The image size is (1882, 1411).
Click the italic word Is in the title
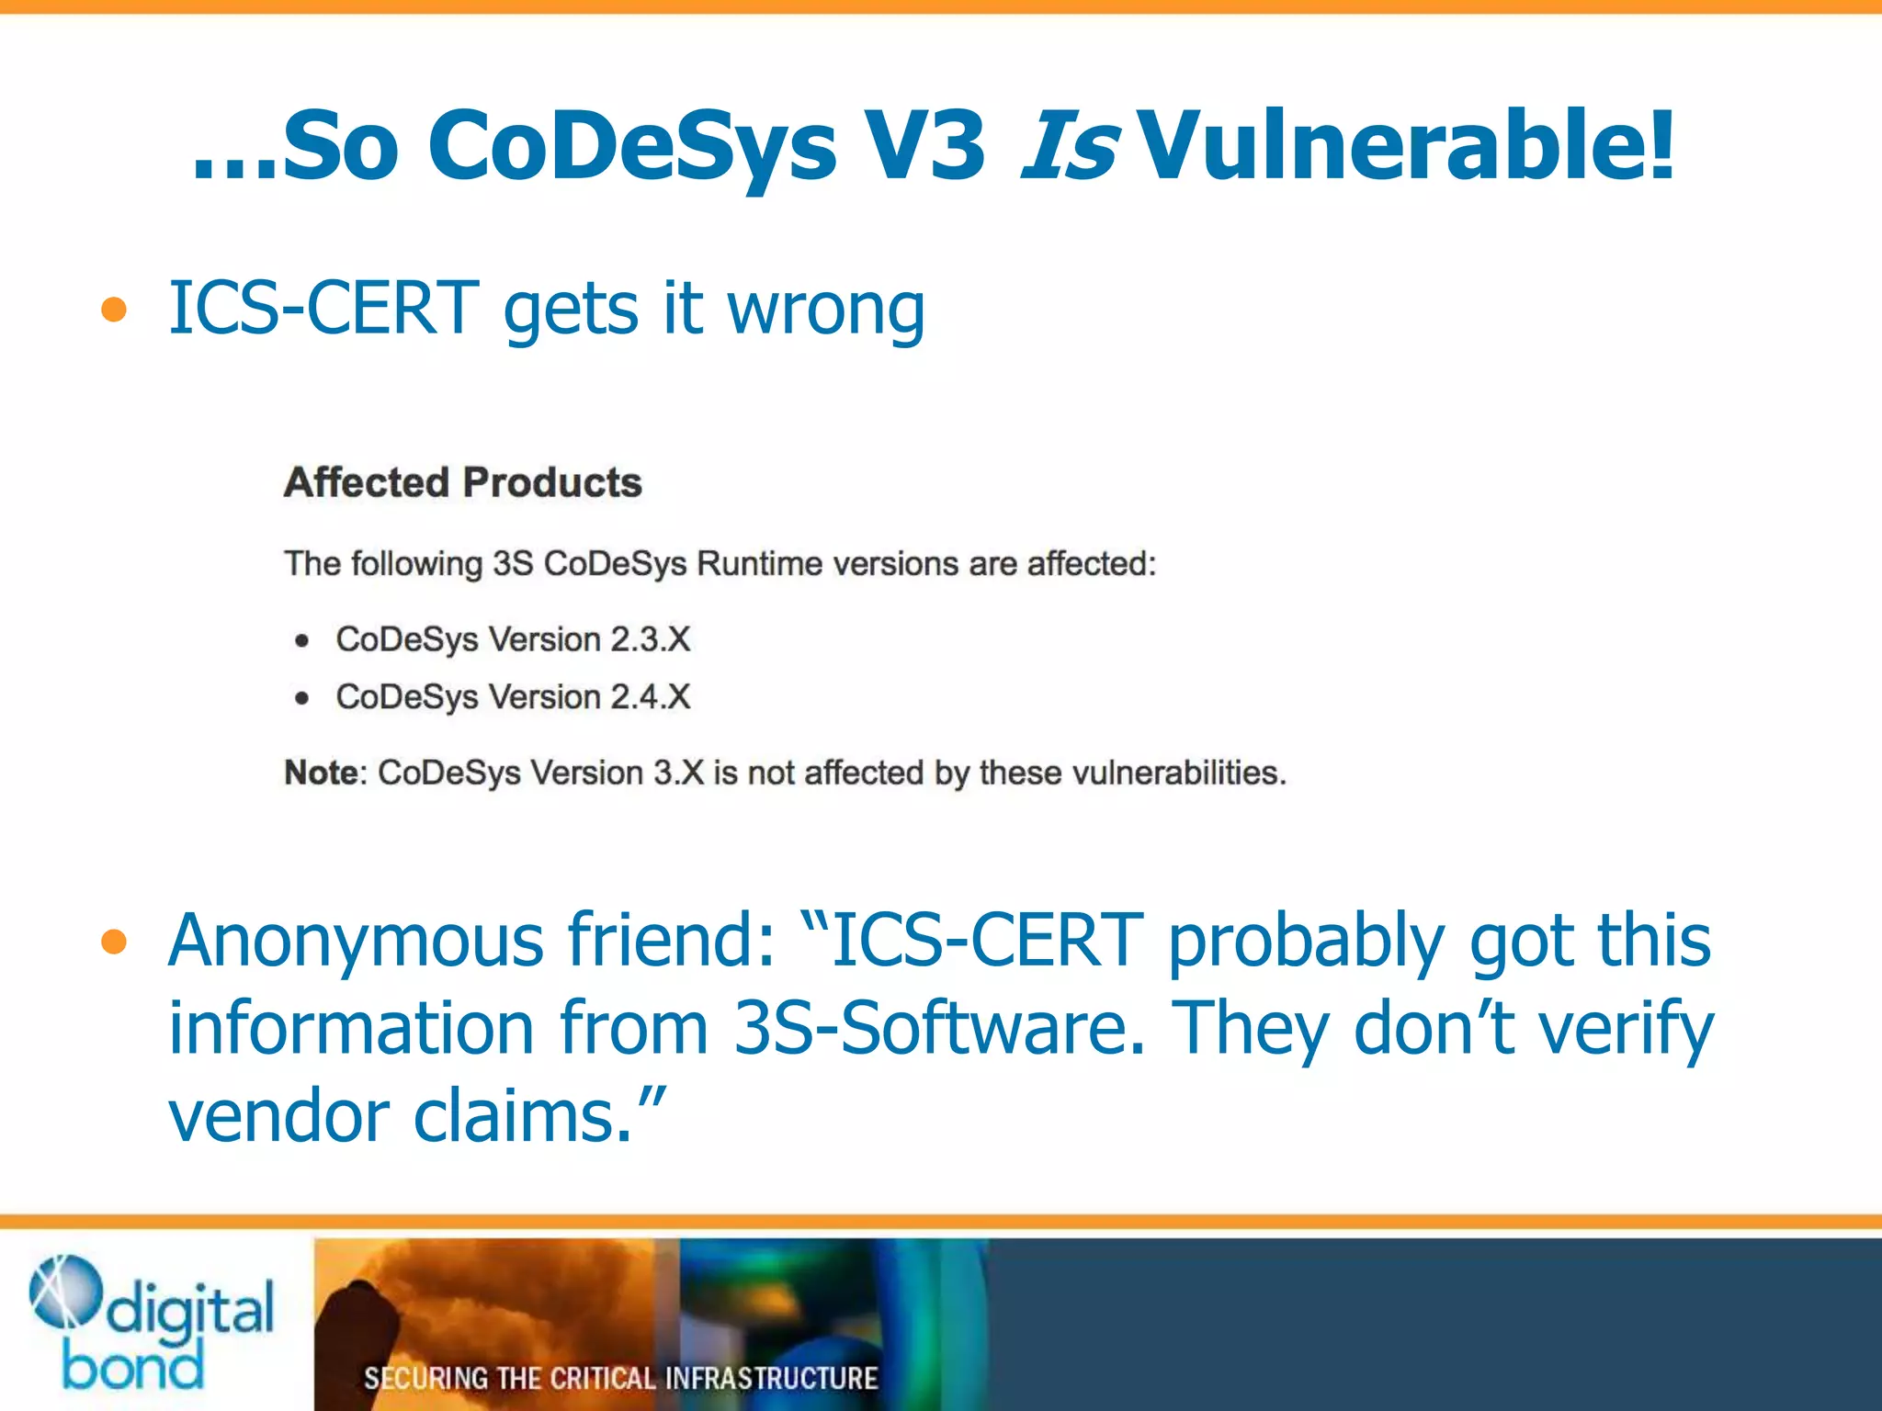click(x=1069, y=145)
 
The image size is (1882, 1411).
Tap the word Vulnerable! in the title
click(x=1406, y=145)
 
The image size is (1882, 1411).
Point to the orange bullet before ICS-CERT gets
click(x=114, y=310)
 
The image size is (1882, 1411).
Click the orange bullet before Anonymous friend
click(x=114, y=942)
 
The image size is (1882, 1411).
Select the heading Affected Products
click(x=462, y=482)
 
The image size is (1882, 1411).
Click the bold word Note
click(x=321, y=773)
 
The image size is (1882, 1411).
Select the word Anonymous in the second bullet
click(x=357, y=942)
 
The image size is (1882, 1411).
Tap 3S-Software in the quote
click(x=939, y=1029)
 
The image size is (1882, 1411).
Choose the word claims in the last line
click(x=523, y=1117)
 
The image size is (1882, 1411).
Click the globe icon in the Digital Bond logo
click(x=64, y=1291)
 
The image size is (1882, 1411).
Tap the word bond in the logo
click(x=133, y=1367)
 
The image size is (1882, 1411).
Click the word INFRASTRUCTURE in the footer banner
click(x=771, y=1379)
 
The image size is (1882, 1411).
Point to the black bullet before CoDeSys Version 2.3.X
click(x=302, y=640)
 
